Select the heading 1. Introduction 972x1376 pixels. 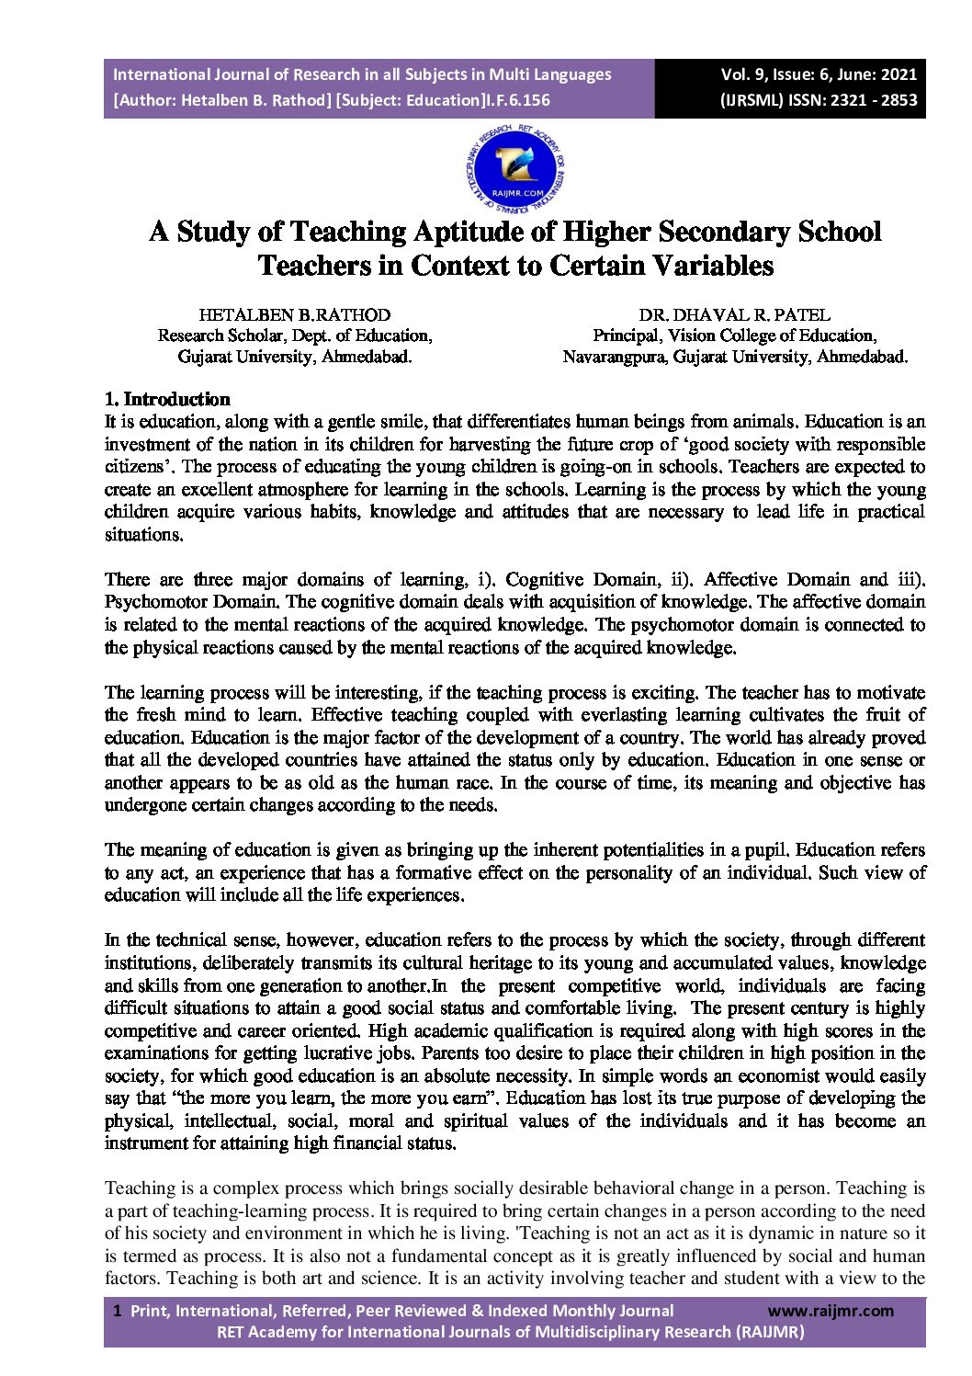(167, 399)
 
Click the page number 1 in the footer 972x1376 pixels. (117, 1311)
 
